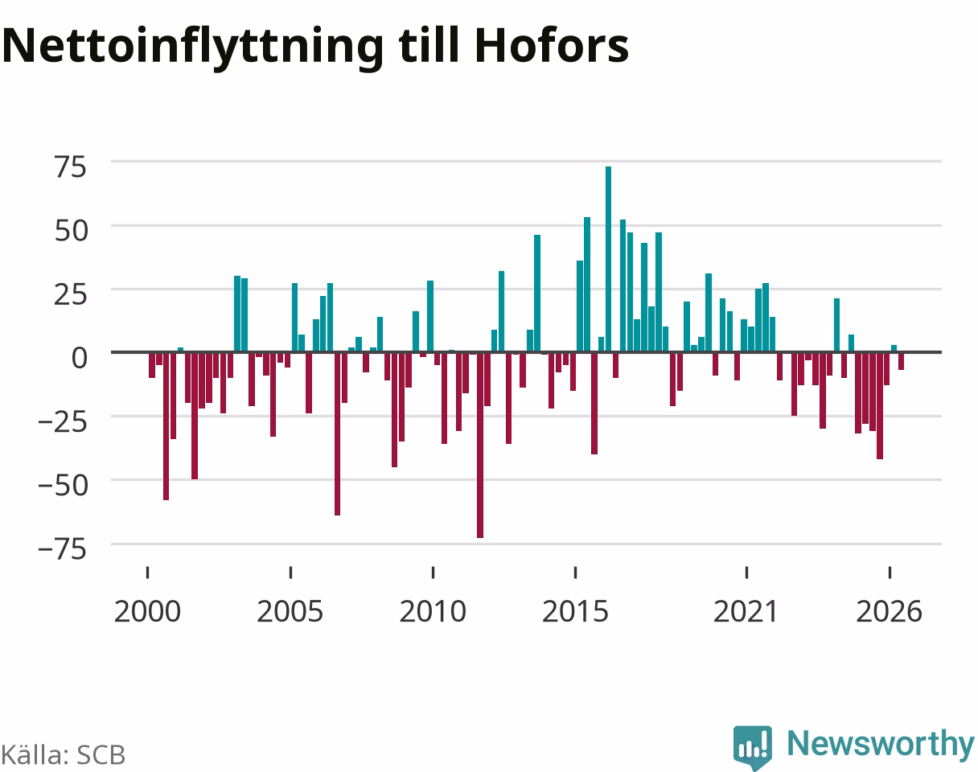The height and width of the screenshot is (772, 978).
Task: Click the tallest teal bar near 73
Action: click(x=608, y=259)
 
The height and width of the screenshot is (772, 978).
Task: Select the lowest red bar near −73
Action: click(x=480, y=445)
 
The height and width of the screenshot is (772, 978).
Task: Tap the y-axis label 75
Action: click(x=71, y=167)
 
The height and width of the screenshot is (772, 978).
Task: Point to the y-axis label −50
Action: click(x=63, y=486)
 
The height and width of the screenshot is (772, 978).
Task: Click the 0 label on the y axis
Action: click(x=79, y=358)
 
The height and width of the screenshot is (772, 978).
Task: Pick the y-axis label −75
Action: click(x=63, y=549)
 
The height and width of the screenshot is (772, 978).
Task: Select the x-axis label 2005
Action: click(x=290, y=612)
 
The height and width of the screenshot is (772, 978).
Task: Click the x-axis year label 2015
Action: click(x=575, y=612)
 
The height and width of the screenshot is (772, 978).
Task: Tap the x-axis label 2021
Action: click(x=746, y=612)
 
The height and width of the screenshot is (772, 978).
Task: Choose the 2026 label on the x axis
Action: click(x=890, y=612)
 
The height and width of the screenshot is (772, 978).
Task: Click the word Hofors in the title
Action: click(x=552, y=46)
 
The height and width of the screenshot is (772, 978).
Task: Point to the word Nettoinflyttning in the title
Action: click(x=193, y=48)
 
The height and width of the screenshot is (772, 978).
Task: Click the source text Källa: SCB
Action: click(x=63, y=755)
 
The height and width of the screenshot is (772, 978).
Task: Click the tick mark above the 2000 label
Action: click(x=148, y=573)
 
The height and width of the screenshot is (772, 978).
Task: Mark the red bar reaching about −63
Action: click(x=337, y=433)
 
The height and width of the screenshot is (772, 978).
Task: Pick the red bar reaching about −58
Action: click(x=166, y=426)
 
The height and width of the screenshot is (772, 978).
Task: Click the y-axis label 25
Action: click(x=71, y=294)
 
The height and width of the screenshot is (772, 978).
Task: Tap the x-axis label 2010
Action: click(x=433, y=612)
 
